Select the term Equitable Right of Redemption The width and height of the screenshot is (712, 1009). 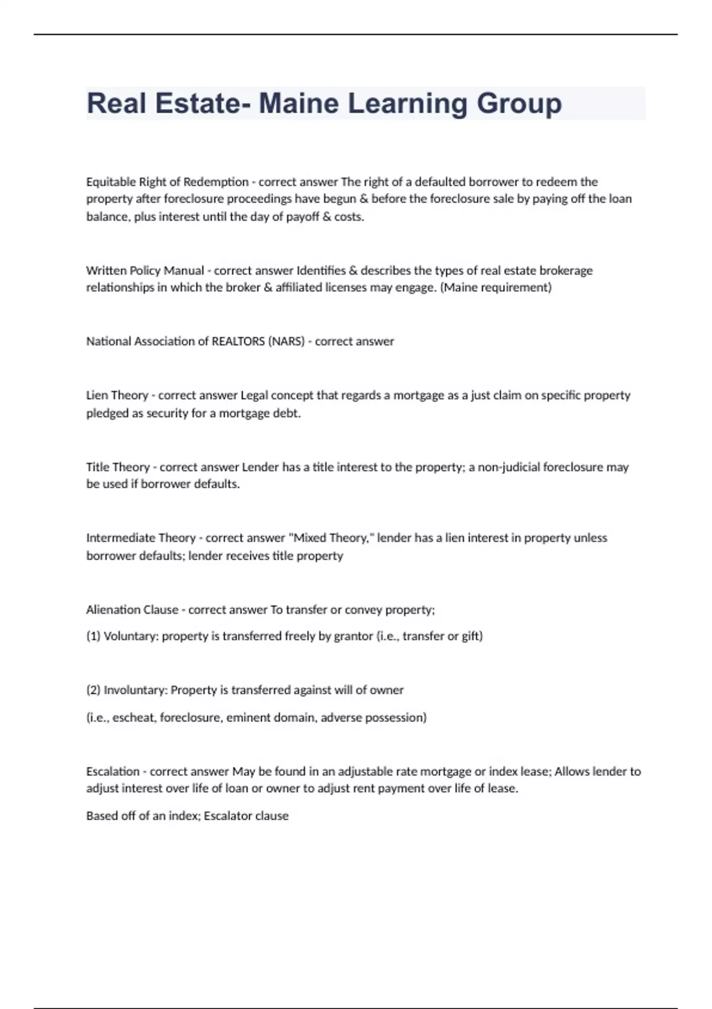pyautogui.click(x=167, y=182)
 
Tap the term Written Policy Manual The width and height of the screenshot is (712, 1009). pyautogui.click(x=145, y=271)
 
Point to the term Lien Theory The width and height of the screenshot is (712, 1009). pyautogui.click(x=117, y=395)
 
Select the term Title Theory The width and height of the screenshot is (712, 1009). pyautogui.click(x=117, y=467)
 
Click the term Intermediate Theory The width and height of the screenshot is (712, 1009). pyautogui.click(x=141, y=538)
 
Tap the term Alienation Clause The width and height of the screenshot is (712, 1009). pyautogui.click(x=132, y=610)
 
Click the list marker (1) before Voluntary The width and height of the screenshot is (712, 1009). pyautogui.click(x=93, y=636)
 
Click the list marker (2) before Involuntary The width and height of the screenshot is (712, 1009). pyautogui.click(x=93, y=690)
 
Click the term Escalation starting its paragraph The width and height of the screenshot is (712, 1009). pyautogui.click(x=113, y=772)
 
